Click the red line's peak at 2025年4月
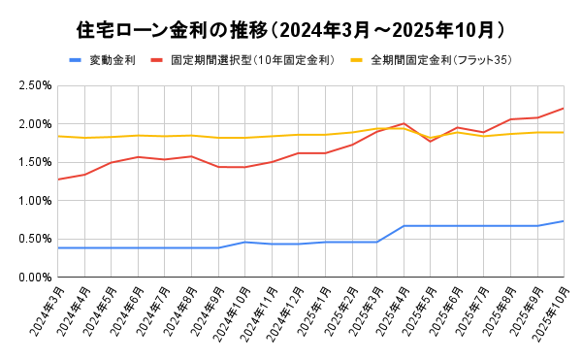(x=404, y=123)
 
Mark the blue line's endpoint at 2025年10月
(x=564, y=221)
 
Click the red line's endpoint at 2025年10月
(x=564, y=108)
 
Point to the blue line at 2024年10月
(x=244, y=242)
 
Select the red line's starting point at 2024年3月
(x=58, y=180)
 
